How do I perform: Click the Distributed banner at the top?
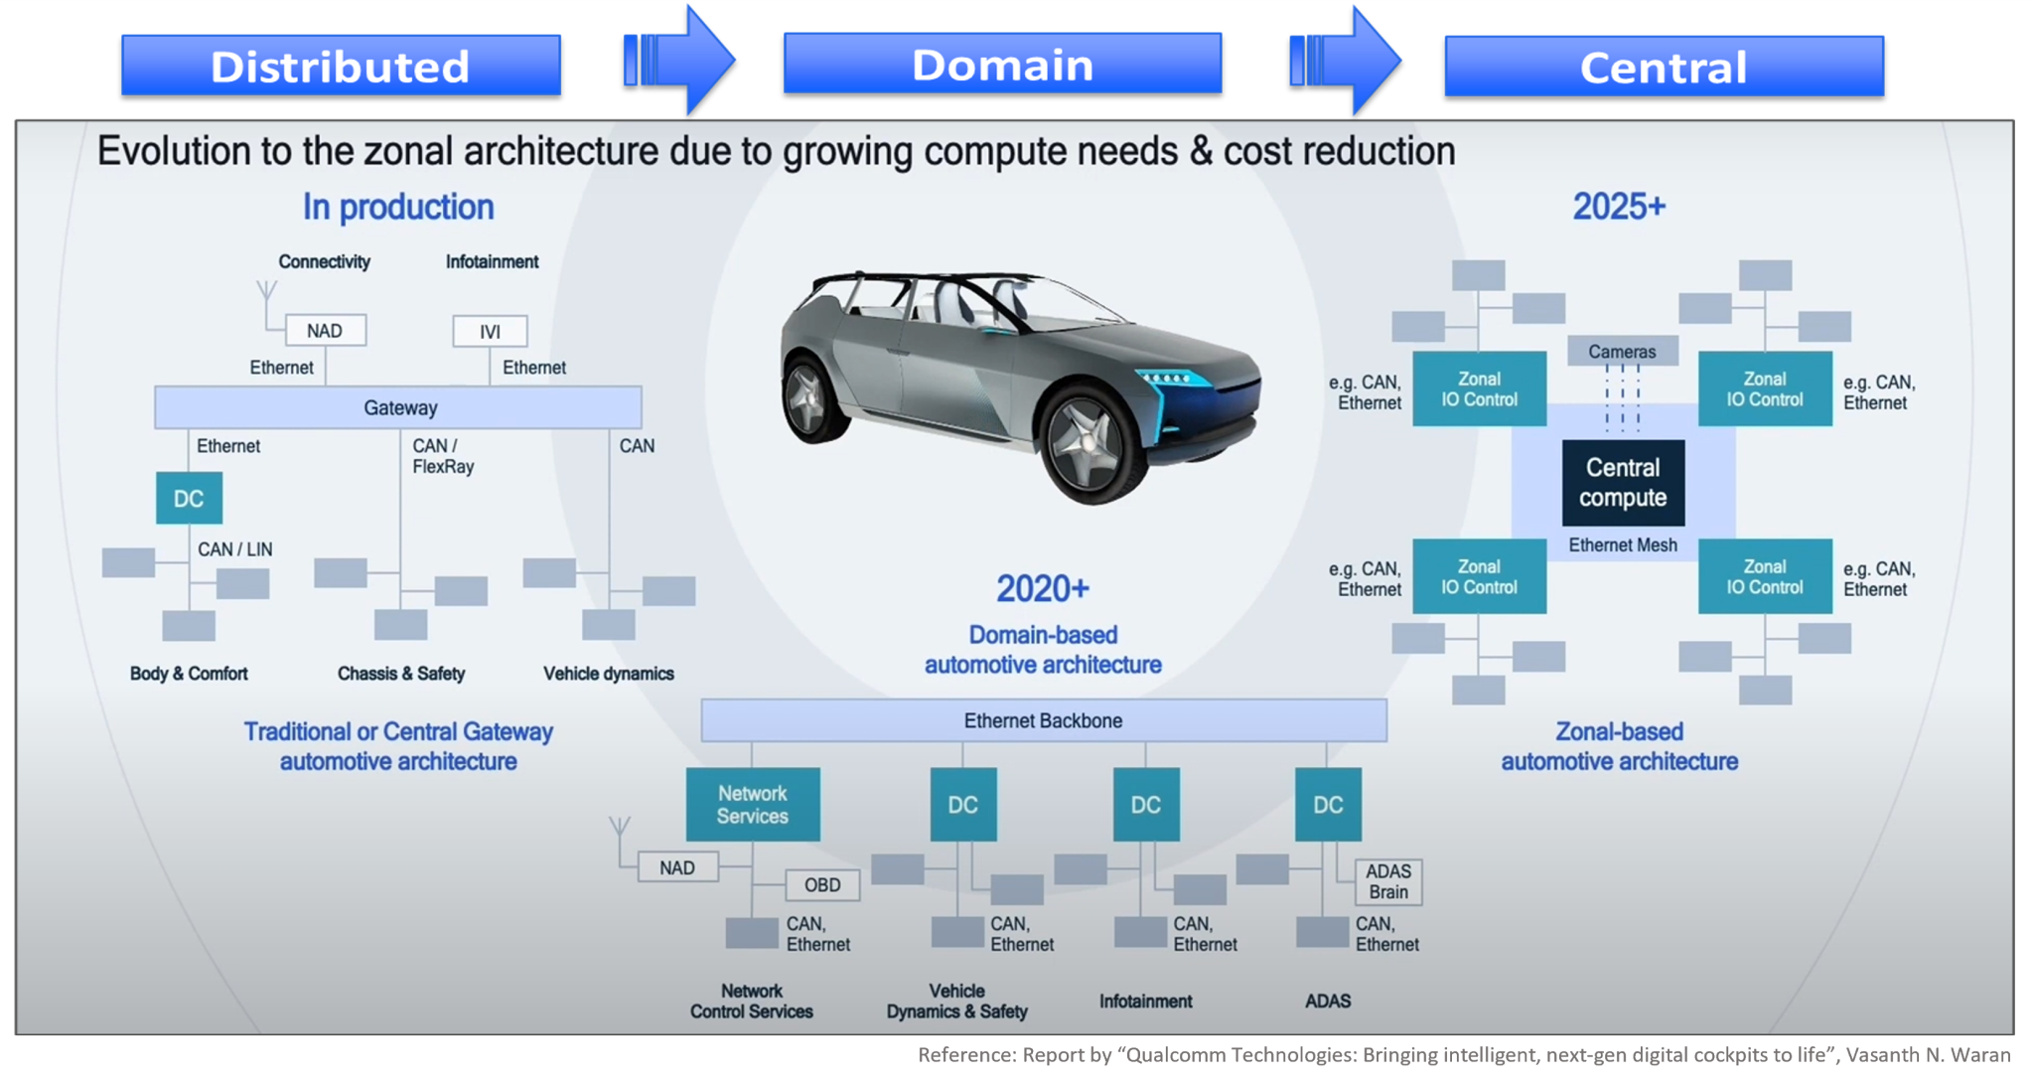(x=341, y=66)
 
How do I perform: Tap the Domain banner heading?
(x=1002, y=64)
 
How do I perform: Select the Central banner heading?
(x=1664, y=67)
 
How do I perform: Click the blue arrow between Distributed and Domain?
(x=680, y=60)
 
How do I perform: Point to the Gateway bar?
(x=398, y=407)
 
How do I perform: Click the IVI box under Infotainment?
(x=490, y=331)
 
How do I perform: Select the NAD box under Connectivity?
(x=325, y=330)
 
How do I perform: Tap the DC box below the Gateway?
(x=189, y=498)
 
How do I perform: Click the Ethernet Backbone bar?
(x=1043, y=720)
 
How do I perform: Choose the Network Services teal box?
(x=753, y=804)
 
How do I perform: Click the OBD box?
(x=821, y=884)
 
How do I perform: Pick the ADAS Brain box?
(x=1387, y=881)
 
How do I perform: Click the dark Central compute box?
(x=1623, y=483)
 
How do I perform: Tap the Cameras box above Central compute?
(x=1622, y=351)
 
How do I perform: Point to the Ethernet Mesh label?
(x=1623, y=544)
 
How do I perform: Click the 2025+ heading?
(x=1619, y=207)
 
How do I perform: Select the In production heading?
(x=398, y=207)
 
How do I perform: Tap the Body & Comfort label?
(x=189, y=674)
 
